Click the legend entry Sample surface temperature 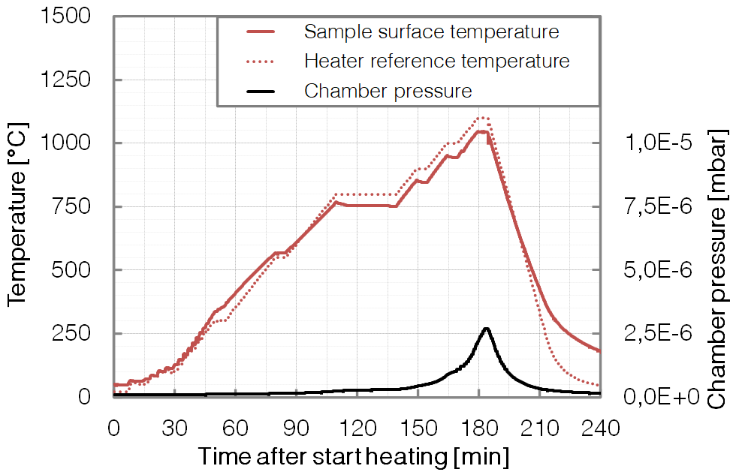[x=431, y=32]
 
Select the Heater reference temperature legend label [x=436, y=60]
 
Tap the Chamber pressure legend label [x=388, y=91]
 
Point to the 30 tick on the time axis [x=174, y=428]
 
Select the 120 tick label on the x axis [x=357, y=428]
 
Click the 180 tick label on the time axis [x=478, y=428]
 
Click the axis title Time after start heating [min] [x=353, y=455]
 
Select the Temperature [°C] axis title [x=18, y=206]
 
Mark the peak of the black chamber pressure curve [x=486, y=328]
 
